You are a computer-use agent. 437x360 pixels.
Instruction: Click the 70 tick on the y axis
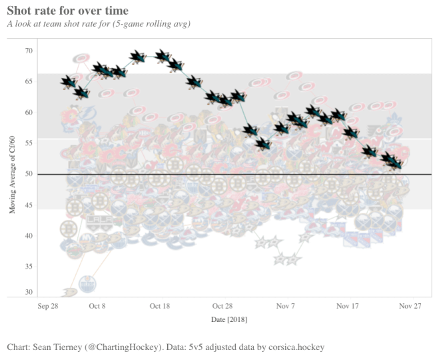29,51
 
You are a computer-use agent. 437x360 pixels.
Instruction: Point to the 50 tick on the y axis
29,174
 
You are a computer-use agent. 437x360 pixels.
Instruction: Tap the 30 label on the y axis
29,292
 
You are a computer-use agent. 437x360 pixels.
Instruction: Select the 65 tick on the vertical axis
29,81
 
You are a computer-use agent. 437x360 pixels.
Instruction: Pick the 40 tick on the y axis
29,235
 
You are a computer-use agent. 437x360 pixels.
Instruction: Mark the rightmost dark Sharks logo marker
394,161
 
